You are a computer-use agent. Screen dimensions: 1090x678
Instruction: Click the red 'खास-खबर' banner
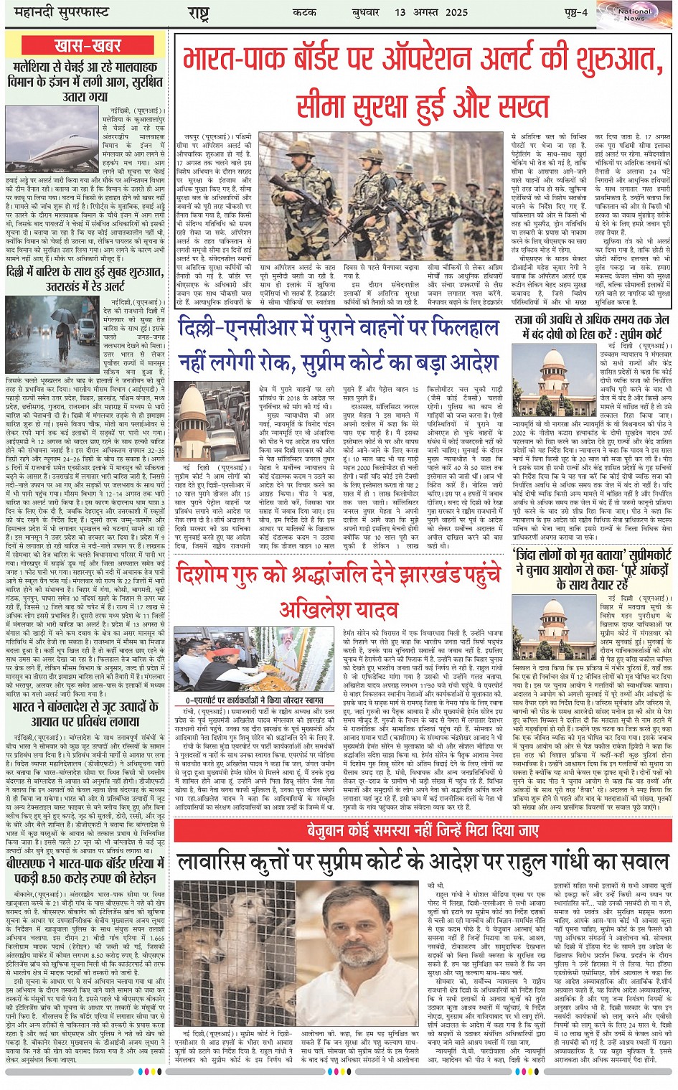(x=88, y=45)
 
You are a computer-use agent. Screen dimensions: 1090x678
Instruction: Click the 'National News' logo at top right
(x=634, y=14)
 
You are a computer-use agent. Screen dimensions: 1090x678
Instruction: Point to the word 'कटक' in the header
(x=306, y=12)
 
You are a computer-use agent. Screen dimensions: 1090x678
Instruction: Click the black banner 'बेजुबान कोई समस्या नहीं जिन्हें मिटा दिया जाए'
(x=423, y=830)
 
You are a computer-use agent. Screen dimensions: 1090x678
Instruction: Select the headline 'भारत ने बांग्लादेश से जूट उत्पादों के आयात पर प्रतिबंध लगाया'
(x=86, y=714)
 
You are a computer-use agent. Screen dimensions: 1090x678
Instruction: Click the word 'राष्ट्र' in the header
(x=198, y=12)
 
